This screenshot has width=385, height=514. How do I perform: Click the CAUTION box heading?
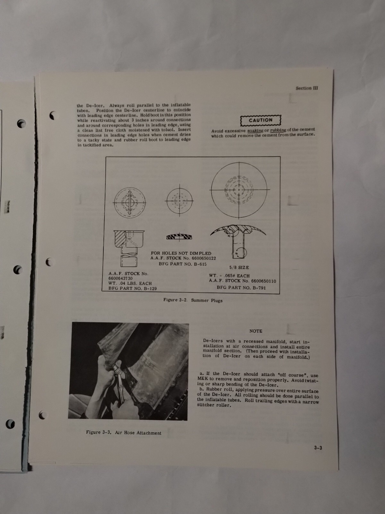261,120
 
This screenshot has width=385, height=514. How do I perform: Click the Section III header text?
307,88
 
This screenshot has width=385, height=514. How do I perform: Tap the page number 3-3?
318,448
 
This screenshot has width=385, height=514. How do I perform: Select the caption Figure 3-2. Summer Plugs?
193,300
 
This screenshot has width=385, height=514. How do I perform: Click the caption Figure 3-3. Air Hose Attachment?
124,432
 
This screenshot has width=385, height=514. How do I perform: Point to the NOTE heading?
256,331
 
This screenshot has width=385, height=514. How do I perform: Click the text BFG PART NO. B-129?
133,288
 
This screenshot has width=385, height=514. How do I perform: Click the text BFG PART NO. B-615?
183,264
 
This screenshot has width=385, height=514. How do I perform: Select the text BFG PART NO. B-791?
241,288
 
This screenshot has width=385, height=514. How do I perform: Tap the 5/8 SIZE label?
239,267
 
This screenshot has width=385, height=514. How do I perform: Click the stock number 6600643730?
120,279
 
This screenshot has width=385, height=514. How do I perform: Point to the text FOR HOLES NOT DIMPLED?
181,253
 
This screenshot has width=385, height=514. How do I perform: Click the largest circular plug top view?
239,189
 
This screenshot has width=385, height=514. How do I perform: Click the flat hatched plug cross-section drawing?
179,237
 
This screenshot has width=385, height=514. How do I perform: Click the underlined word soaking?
255,130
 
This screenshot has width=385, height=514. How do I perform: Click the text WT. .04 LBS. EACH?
130,284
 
